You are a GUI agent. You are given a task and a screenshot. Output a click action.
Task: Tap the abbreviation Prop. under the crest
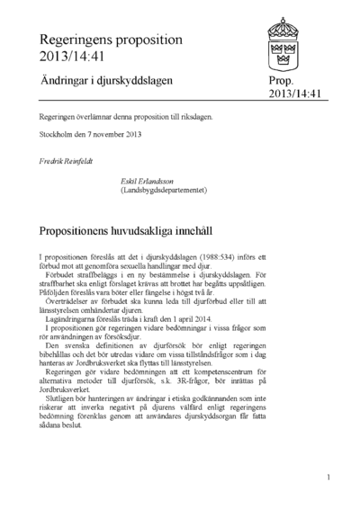pos(281,81)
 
